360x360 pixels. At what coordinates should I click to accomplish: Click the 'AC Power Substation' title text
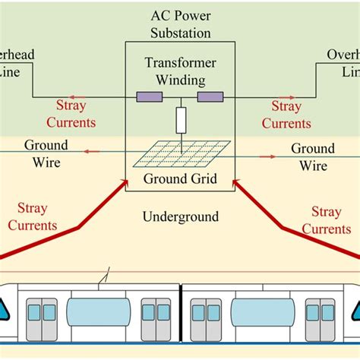point(180,25)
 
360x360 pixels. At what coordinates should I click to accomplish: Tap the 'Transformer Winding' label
point(180,72)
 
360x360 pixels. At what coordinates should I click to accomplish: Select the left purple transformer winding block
point(150,96)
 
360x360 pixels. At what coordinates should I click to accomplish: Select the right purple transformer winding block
point(210,96)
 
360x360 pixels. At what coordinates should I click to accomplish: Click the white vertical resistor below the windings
point(181,120)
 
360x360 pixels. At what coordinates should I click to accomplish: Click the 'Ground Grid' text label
point(180,179)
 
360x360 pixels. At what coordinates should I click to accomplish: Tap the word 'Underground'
point(180,217)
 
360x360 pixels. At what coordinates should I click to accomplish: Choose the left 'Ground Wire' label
point(46,153)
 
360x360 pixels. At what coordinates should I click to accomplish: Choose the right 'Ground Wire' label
point(313,156)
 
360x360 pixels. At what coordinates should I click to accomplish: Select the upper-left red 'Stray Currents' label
point(71,114)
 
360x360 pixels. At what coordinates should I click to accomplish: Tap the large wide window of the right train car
point(263,311)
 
